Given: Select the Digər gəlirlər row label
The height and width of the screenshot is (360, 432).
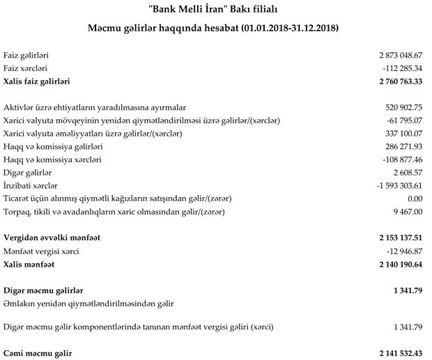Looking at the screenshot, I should coord(27,172).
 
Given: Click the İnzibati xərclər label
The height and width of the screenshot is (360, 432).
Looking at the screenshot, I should coord(31,185).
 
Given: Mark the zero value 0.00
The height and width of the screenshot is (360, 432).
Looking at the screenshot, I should coord(415,198).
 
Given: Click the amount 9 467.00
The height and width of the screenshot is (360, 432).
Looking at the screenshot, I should coord(408,211).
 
